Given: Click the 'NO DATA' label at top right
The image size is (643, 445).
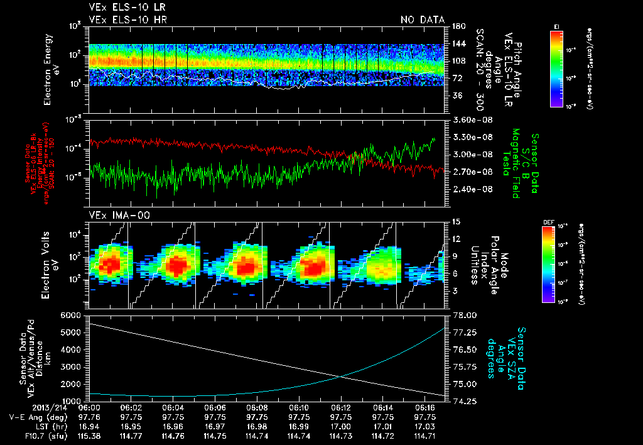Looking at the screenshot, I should point(423,20).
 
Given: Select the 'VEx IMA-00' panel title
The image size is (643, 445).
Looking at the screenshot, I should point(114,216).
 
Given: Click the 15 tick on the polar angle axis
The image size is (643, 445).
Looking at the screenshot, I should point(455,222).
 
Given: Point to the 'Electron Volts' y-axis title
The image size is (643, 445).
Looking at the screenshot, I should point(51,264).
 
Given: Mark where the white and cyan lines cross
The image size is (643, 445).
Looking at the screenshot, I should point(341,376).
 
